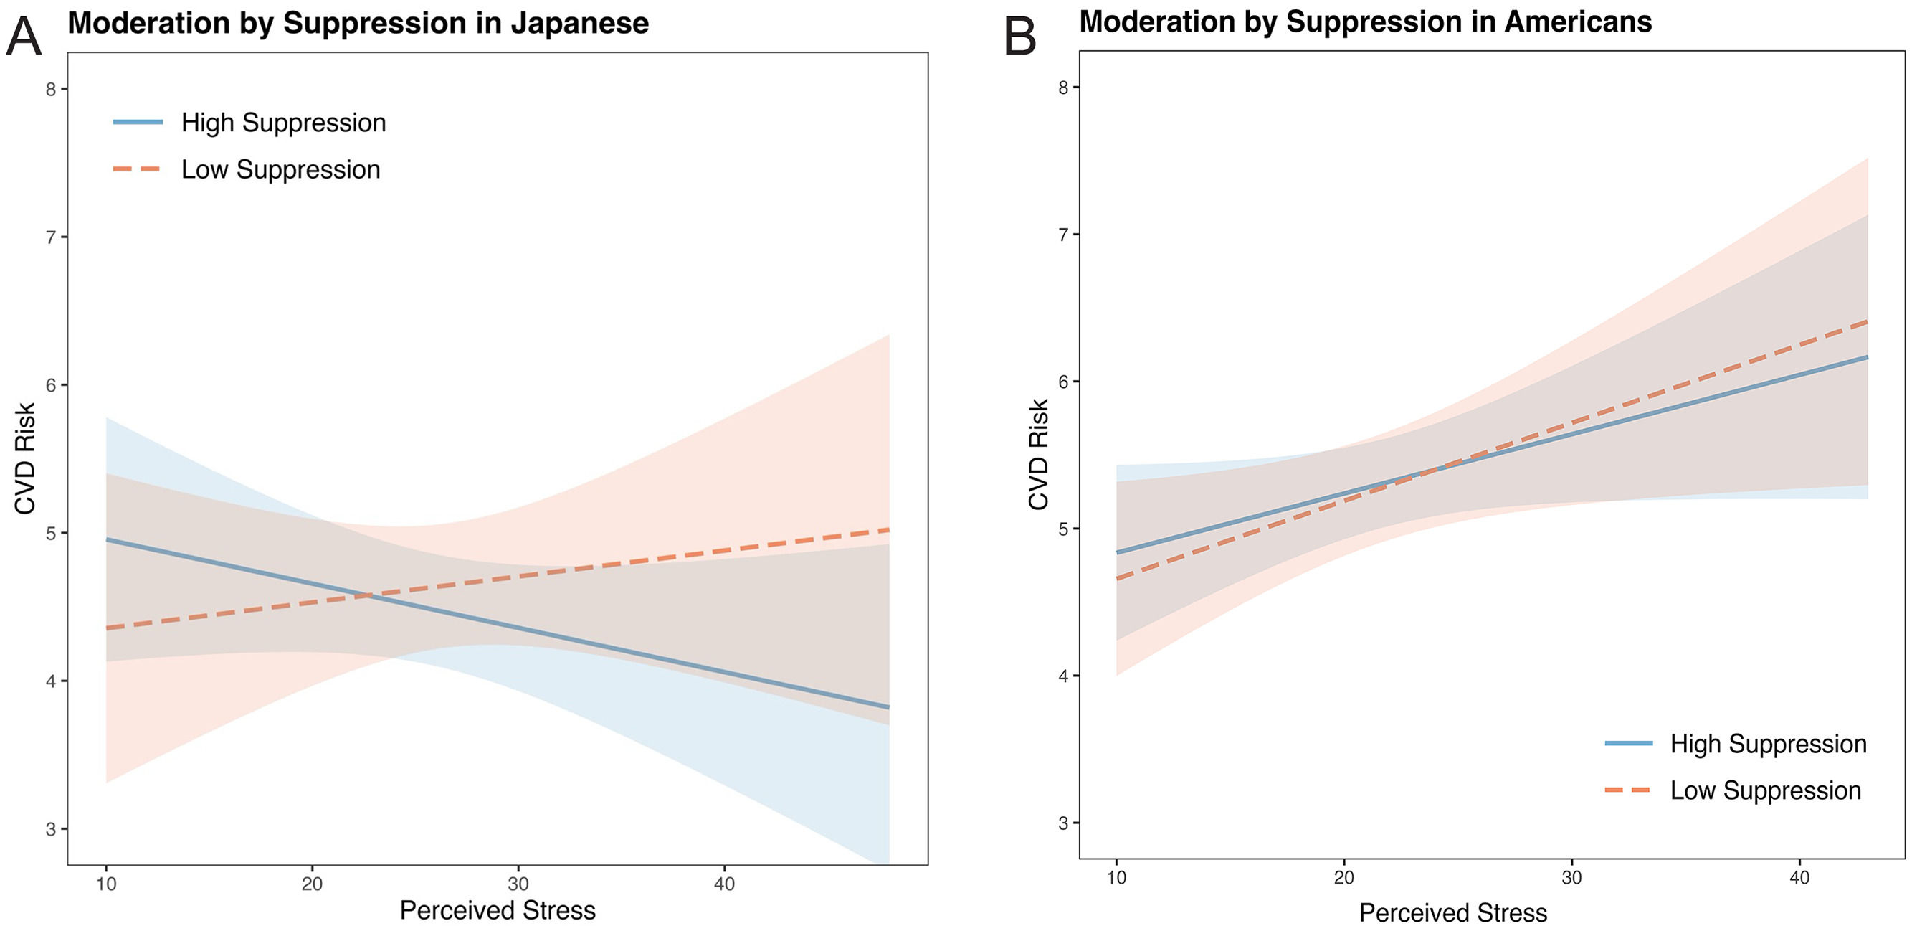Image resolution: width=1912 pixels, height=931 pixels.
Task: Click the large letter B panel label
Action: pyautogui.click(x=1020, y=37)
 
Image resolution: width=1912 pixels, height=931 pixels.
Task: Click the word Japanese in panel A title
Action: pyautogui.click(x=580, y=23)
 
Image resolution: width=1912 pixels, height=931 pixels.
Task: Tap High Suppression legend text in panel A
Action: pyautogui.click(x=283, y=123)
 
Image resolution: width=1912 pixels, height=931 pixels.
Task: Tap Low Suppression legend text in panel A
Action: pyautogui.click(x=280, y=169)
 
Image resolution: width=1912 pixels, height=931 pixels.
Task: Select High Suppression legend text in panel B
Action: pyautogui.click(x=1768, y=743)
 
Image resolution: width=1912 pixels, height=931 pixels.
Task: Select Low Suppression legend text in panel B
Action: pyautogui.click(x=1765, y=790)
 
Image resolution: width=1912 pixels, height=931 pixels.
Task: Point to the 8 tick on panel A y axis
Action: pyautogui.click(x=50, y=89)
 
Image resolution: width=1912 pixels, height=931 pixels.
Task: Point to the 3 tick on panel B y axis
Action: pyautogui.click(x=1063, y=823)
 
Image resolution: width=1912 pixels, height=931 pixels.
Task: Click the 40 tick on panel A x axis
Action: pyautogui.click(x=723, y=884)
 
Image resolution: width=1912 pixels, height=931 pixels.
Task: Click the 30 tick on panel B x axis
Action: pyautogui.click(x=1571, y=877)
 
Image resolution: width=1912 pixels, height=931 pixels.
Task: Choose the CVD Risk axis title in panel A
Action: pyautogui.click(x=25, y=458)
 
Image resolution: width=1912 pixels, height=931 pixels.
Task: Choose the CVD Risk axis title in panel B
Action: pyautogui.click(x=1038, y=454)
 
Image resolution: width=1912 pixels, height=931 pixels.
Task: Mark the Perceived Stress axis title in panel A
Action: pyautogui.click(x=498, y=909)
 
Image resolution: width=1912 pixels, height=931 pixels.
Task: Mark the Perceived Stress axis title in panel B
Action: pyautogui.click(x=1452, y=912)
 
